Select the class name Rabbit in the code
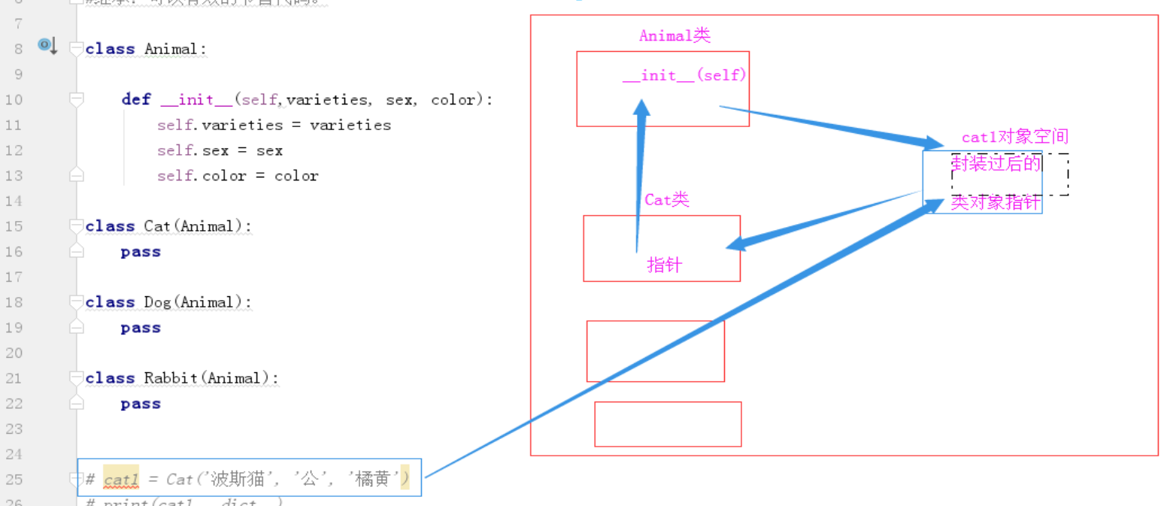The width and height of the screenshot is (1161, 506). pyautogui.click(x=171, y=378)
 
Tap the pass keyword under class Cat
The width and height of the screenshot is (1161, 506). pyautogui.click(x=141, y=252)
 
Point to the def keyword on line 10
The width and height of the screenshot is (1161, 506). pyautogui.click(x=136, y=100)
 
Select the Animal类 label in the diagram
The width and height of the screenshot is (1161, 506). pyautogui.click(x=674, y=36)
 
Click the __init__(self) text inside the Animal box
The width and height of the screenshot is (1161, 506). pyautogui.click(x=684, y=76)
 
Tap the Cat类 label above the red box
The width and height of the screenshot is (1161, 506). pyautogui.click(x=666, y=200)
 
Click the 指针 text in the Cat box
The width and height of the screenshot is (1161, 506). pyautogui.click(x=665, y=265)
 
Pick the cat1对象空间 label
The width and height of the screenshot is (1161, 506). pyautogui.click(x=1014, y=138)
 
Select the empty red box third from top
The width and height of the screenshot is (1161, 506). pyautogui.click(x=655, y=351)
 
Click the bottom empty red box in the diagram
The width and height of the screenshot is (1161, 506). pyautogui.click(x=668, y=424)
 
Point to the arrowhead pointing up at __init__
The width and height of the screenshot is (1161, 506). pyautogui.click(x=641, y=109)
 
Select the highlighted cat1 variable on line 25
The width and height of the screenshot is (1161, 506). pyautogui.click(x=121, y=479)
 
